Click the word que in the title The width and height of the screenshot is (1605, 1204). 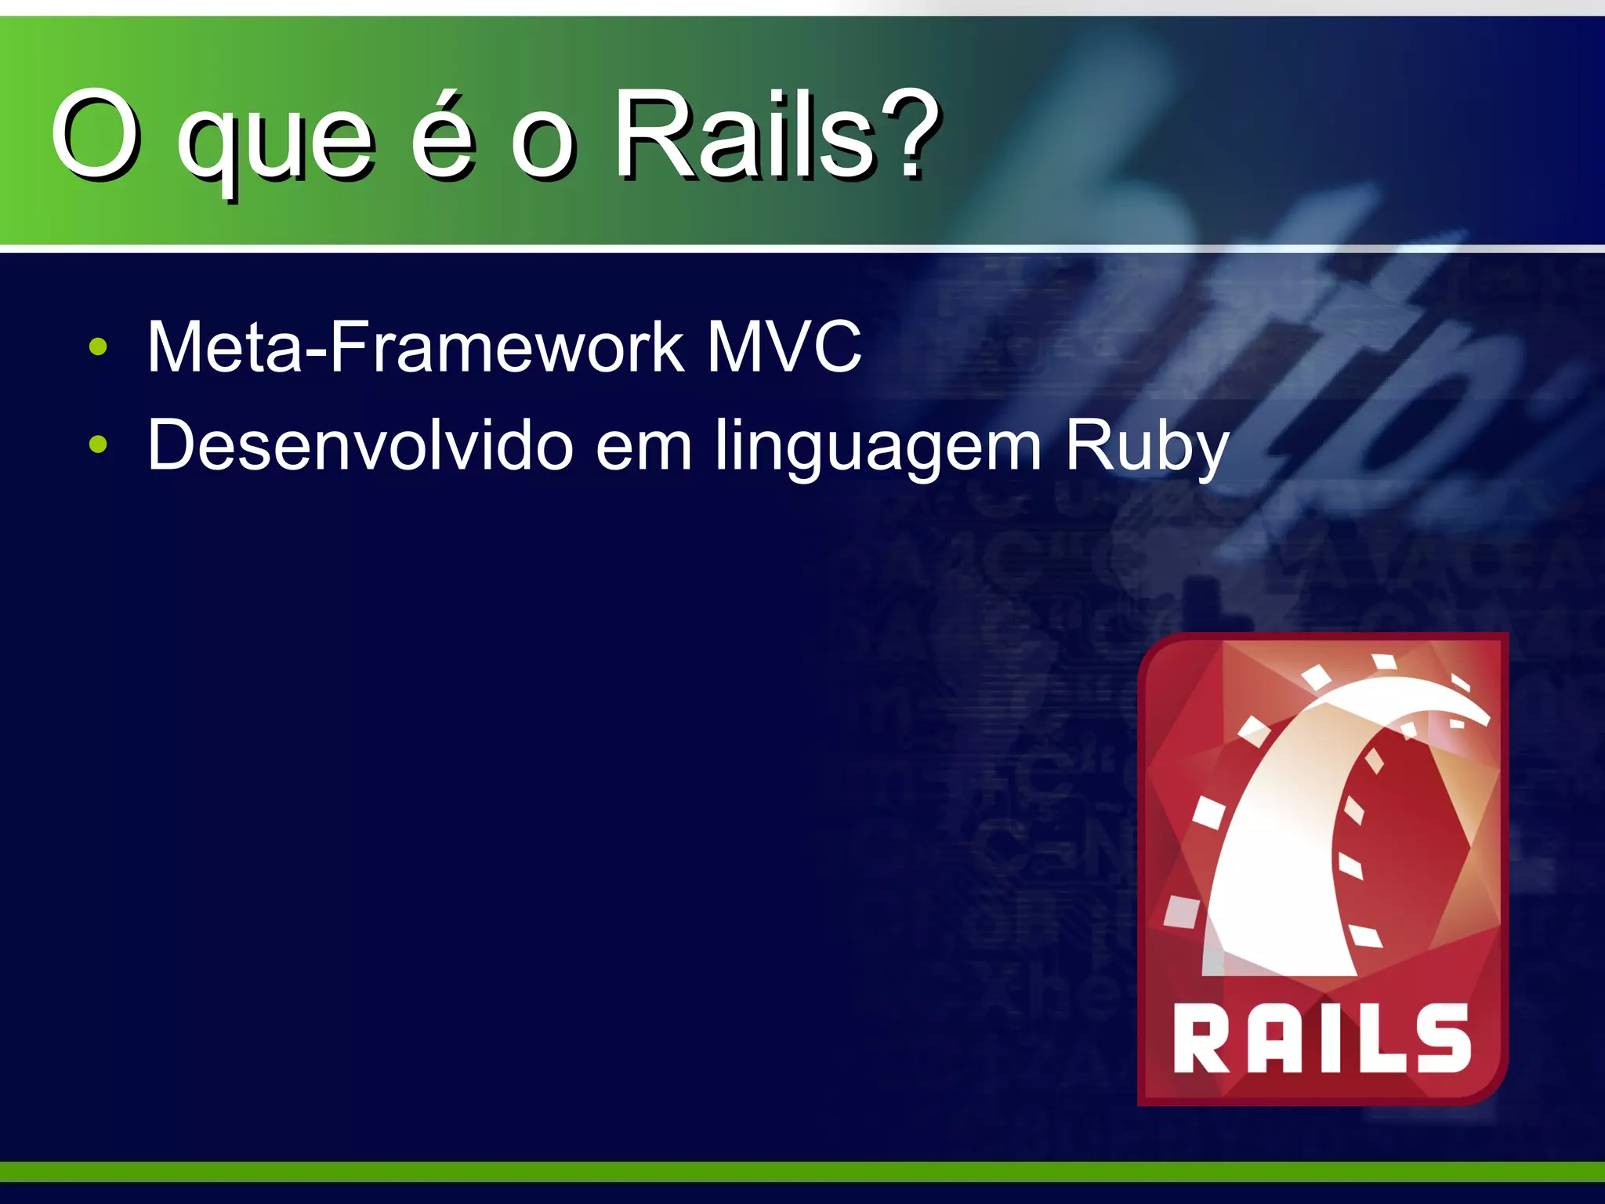click(x=274, y=145)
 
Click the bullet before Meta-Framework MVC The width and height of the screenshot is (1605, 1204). click(x=98, y=346)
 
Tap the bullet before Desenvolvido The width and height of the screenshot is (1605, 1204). click(x=98, y=445)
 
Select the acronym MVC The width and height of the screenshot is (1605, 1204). click(x=784, y=346)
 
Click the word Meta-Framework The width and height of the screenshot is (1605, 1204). click(x=415, y=346)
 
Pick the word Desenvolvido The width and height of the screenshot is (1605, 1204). click(x=360, y=445)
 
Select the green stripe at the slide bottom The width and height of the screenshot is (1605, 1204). click(x=802, y=1171)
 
